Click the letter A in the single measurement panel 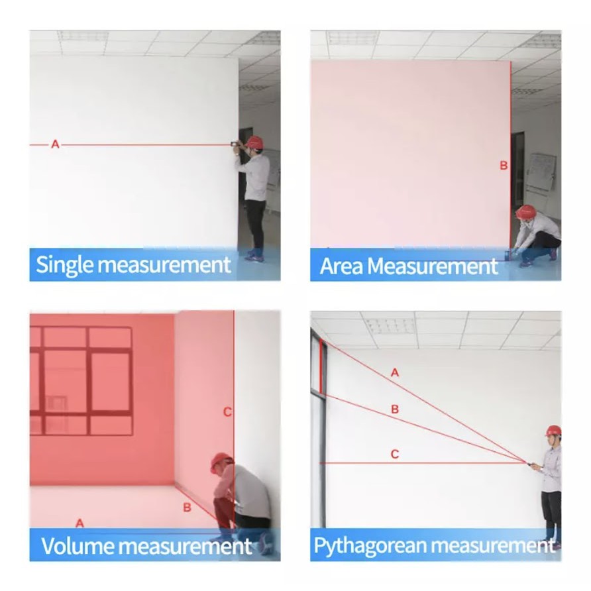[x=56, y=144]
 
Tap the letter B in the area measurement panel [x=504, y=166]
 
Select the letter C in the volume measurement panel [x=227, y=412]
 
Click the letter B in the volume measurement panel [x=187, y=508]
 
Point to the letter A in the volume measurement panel [x=80, y=523]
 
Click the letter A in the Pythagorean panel [x=395, y=373]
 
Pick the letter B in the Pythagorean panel [x=395, y=409]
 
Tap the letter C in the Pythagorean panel [x=395, y=454]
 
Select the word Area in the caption [x=341, y=266]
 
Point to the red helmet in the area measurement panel [x=526, y=211]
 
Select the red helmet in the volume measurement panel [x=221, y=462]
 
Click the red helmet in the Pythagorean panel [x=553, y=431]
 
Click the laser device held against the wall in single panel [x=235, y=144]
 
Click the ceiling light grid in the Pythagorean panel [x=390, y=325]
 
